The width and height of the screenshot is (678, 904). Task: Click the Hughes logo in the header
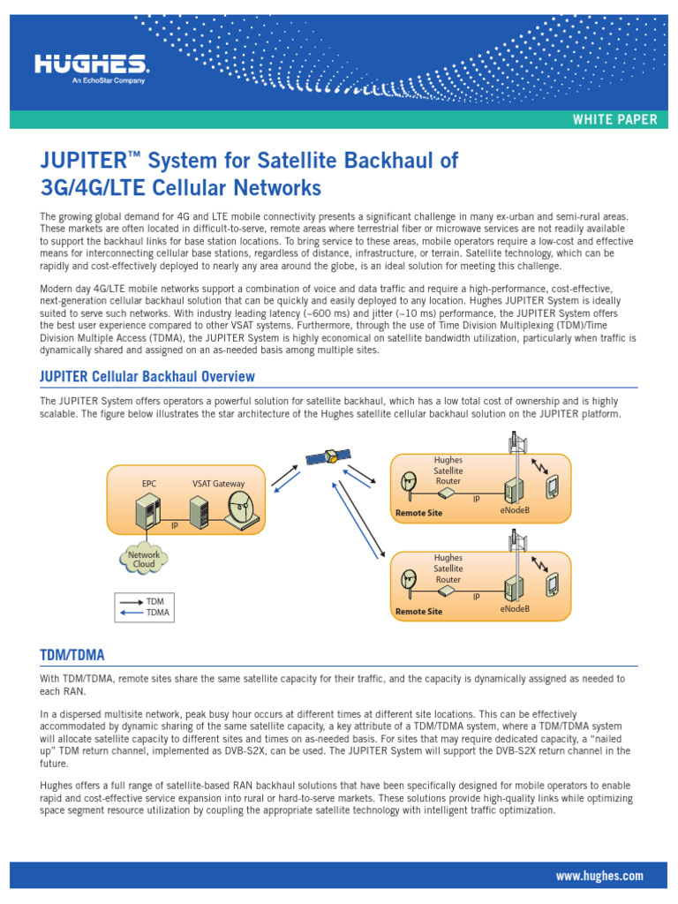(x=91, y=65)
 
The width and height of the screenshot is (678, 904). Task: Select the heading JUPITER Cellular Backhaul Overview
(x=147, y=377)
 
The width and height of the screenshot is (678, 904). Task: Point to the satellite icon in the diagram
(x=328, y=457)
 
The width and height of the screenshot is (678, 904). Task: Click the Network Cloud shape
(x=144, y=560)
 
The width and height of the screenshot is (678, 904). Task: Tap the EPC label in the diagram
(x=148, y=484)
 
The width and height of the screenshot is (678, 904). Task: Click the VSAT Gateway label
(x=218, y=484)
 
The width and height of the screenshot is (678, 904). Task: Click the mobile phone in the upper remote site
(x=553, y=486)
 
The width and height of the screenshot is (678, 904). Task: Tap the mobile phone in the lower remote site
(x=553, y=584)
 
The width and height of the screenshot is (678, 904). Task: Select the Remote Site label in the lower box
(x=418, y=611)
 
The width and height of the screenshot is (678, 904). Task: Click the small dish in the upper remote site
(x=409, y=482)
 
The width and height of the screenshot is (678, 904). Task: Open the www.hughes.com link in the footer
(x=599, y=876)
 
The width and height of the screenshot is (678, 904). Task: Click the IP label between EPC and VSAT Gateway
(x=175, y=525)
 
